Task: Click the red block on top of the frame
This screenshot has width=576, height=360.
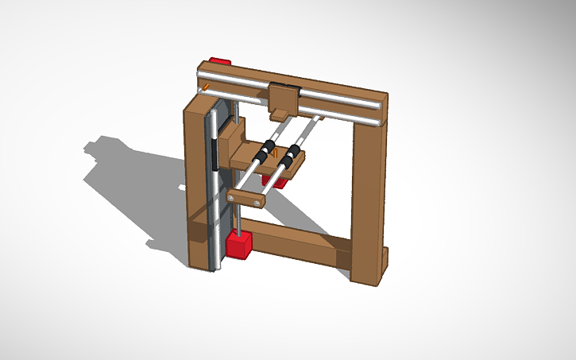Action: pos(219,61)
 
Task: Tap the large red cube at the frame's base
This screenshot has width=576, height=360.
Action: pos(238,244)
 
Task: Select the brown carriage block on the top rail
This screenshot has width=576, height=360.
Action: pos(284,98)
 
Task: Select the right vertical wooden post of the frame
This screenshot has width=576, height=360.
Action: pos(366,199)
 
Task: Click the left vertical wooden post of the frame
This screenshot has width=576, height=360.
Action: pos(195,183)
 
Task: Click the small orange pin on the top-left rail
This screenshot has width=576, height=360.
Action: pos(206,86)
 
